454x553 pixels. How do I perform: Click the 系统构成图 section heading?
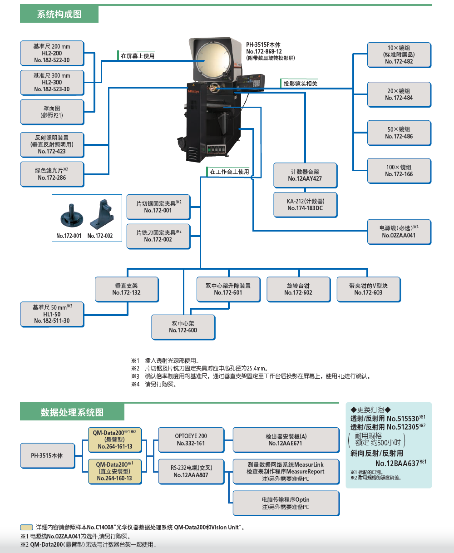[x=59, y=15]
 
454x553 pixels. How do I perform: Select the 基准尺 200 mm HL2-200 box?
[x=52, y=53]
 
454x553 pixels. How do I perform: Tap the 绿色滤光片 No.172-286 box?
[x=52, y=174]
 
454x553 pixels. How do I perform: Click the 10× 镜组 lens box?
[x=399, y=54]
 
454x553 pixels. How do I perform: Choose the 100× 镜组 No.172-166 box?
[x=399, y=171]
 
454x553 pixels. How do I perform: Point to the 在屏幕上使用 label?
[x=137, y=56]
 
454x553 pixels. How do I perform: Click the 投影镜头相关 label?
[x=300, y=84]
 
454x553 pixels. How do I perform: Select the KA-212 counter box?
[x=305, y=205]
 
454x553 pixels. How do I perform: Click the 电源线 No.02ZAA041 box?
[x=399, y=232]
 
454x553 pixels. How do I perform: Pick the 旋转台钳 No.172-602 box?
[x=298, y=289]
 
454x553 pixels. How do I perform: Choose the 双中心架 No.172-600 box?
[x=183, y=327]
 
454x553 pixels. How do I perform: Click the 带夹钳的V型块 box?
[x=368, y=289]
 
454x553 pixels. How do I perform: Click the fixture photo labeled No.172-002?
[x=101, y=214]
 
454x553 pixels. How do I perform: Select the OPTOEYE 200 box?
[x=191, y=439]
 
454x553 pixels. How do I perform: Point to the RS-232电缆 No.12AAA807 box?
[x=191, y=471]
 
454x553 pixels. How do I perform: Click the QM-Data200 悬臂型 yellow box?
[x=114, y=439]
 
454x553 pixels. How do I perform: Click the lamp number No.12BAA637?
[x=397, y=463]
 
